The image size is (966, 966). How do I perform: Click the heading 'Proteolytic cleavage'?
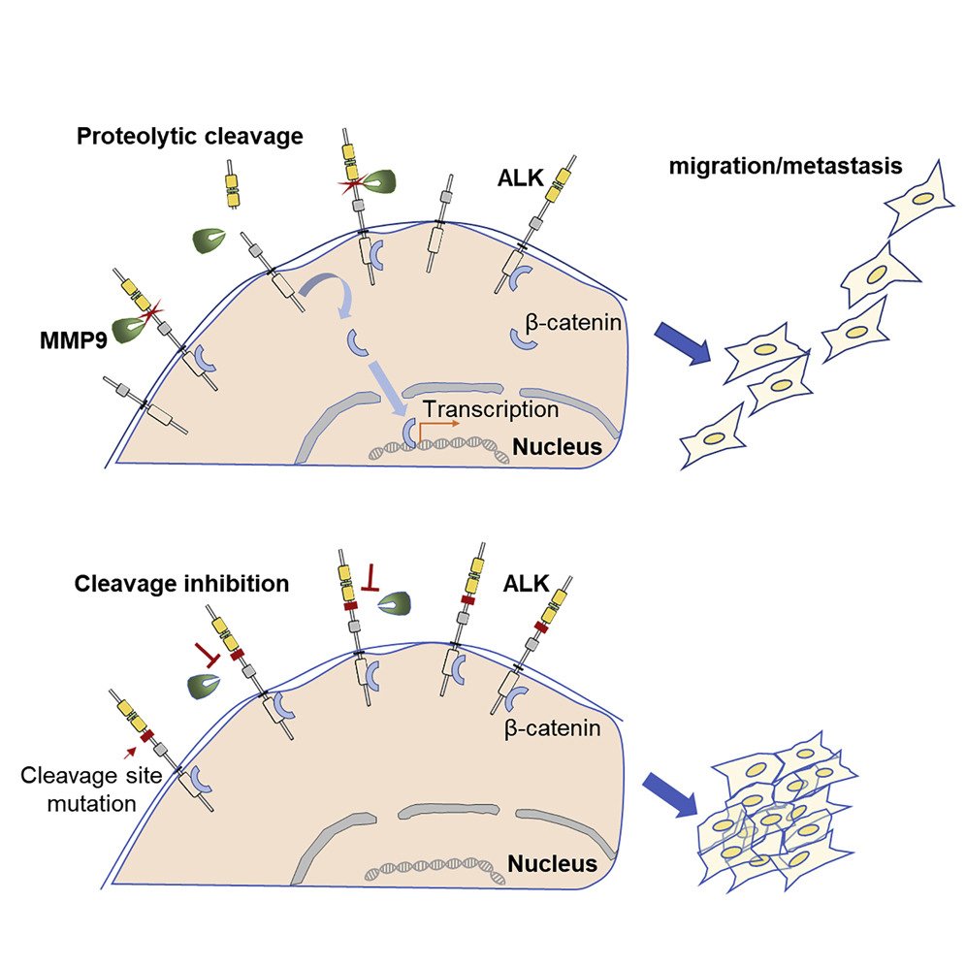(190, 137)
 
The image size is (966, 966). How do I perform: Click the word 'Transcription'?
(491, 409)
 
